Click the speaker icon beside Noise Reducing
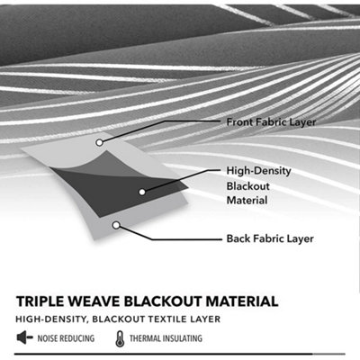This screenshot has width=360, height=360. (x=24, y=337)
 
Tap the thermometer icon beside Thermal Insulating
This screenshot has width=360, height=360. (x=120, y=338)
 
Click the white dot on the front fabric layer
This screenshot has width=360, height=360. (x=99, y=142)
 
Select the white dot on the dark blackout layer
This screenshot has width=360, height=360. (x=142, y=192)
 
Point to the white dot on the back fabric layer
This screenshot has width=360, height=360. (x=116, y=225)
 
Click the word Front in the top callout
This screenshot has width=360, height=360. (x=238, y=122)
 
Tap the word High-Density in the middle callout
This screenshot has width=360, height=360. (x=258, y=171)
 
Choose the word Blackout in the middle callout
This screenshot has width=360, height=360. (x=248, y=186)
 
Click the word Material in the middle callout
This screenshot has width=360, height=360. (x=247, y=200)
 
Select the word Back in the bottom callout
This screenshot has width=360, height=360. (x=238, y=238)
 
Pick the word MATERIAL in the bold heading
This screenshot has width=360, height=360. (x=242, y=301)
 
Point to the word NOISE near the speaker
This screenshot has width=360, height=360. (x=48, y=338)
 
